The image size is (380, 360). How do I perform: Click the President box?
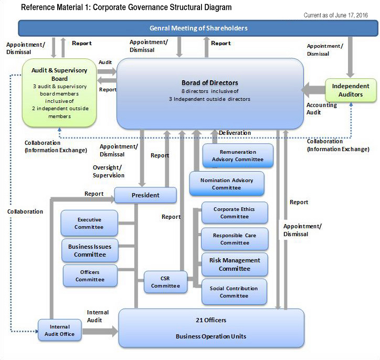(x=145, y=195)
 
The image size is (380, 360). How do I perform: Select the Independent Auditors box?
(x=351, y=90)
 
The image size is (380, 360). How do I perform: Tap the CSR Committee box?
(x=165, y=282)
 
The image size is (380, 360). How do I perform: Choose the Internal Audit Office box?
(x=60, y=330)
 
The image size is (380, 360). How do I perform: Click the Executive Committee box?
(x=89, y=223)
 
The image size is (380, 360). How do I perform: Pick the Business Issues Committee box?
(x=90, y=250)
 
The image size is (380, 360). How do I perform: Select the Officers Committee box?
(x=90, y=276)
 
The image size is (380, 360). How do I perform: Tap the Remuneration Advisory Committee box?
(x=238, y=155)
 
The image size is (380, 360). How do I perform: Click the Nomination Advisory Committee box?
(x=227, y=184)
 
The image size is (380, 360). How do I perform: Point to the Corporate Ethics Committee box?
(x=235, y=213)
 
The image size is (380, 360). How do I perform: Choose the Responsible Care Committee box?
(x=235, y=239)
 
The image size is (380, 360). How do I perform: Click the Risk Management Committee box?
(x=235, y=264)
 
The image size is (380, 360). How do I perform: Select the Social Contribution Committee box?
(x=234, y=292)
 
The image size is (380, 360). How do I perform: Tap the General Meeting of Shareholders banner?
(x=198, y=28)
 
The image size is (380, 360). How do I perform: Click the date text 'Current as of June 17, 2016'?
(x=336, y=15)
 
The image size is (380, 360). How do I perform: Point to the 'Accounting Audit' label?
(x=322, y=109)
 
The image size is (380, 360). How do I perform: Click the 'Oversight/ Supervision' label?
(x=109, y=171)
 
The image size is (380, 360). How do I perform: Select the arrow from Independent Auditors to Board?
(x=313, y=90)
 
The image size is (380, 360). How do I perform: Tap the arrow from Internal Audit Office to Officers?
(x=100, y=332)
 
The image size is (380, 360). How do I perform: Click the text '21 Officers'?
(x=211, y=320)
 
